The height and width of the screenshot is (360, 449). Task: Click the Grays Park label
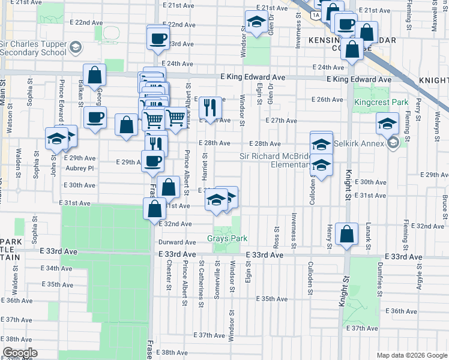click(x=228, y=238)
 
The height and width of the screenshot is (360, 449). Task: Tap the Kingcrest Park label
click(x=381, y=102)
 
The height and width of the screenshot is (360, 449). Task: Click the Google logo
click(x=19, y=353)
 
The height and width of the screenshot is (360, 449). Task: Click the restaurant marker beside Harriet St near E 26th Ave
click(x=209, y=107)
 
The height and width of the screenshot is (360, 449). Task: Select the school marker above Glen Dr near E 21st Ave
click(x=256, y=23)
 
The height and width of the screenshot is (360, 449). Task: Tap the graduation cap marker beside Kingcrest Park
click(x=387, y=124)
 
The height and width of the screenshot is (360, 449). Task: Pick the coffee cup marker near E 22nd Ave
click(x=158, y=38)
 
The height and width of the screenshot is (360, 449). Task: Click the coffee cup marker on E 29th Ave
click(x=152, y=161)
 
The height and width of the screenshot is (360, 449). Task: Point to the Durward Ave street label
click(x=175, y=242)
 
